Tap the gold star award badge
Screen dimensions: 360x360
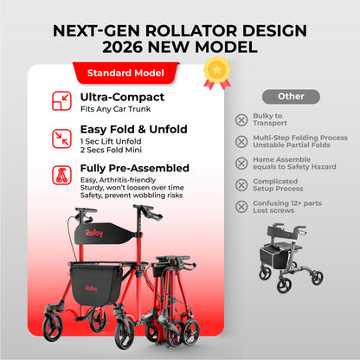tap(215, 71)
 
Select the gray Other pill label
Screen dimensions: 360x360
tap(290, 97)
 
